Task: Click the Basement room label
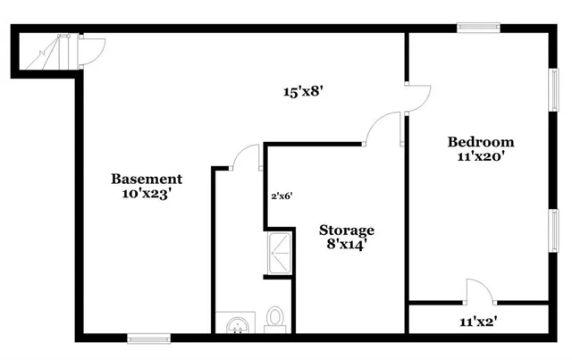[x=147, y=179]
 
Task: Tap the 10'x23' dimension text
[x=146, y=194]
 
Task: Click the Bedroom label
[x=481, y=141]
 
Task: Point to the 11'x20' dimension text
[x=481, y=157]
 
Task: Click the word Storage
[x=347, y=230]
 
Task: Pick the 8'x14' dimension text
[x=347, y=245]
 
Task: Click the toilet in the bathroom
[x=275, y=317]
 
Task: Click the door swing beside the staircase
[x=92, y=52]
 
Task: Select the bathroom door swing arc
[x=245, y=157]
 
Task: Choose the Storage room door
[x=381, y=128]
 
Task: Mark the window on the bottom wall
[x=148, y=338]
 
